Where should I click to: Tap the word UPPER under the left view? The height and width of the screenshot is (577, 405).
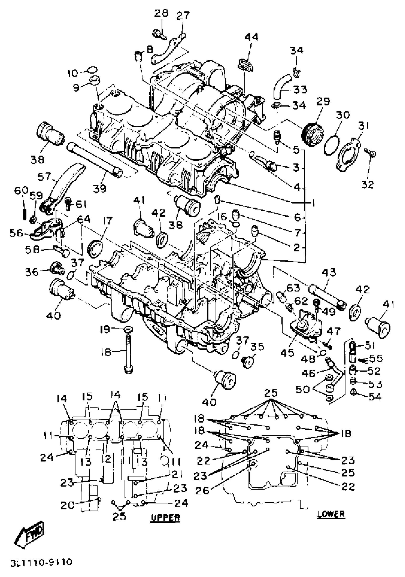point(165,517)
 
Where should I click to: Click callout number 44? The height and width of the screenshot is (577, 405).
point(252,37)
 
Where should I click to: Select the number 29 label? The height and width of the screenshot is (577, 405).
point(323,102)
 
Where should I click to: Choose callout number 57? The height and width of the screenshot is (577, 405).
point(44,177)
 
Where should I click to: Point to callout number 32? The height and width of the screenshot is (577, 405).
point(368,185)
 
